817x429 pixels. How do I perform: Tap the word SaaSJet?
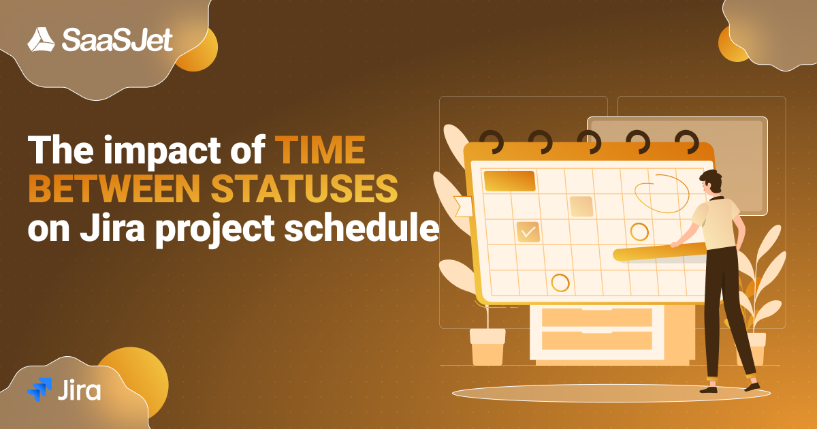[x=117, y=40]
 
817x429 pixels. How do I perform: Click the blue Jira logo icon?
[x=39, y=389]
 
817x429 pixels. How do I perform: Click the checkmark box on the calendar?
[x=528, y=232]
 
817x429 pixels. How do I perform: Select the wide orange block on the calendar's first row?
[x=509, y=180]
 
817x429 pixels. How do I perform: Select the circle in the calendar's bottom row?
[x=560, y=282]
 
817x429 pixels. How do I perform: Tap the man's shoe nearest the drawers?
[x=707, y=389]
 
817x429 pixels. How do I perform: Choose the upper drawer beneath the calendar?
[x=596, y=317]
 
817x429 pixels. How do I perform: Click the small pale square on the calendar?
[x=581, y=206]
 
